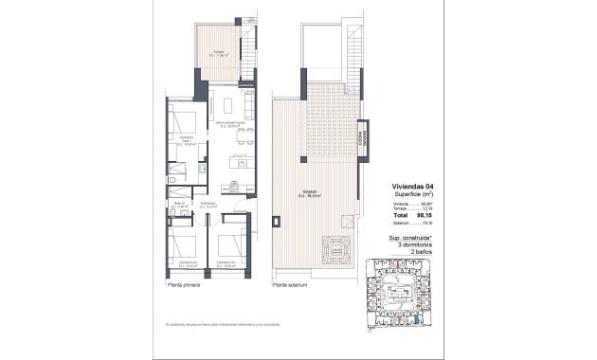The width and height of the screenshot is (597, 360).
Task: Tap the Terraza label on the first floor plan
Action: coord(218,53)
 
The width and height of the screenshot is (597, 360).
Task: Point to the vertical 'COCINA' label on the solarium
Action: coord(361,136)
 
